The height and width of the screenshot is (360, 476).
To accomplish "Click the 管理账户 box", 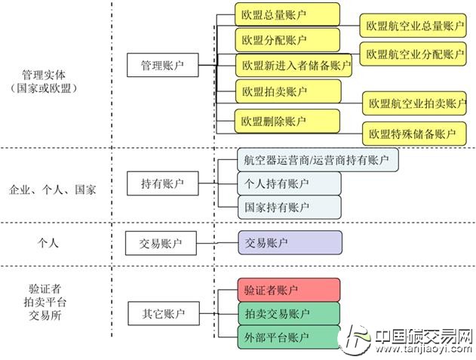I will [x=161, y=66].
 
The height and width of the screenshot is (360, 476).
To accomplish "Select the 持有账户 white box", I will [x=161, y=183].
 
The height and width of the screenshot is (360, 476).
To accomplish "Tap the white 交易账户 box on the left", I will [x=161, y=243].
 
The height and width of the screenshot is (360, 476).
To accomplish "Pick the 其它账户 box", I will [x=161, y=312].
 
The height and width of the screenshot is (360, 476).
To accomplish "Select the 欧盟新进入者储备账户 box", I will [x=295, y=66].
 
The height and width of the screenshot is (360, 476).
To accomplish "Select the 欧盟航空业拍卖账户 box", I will [x=416, y=103].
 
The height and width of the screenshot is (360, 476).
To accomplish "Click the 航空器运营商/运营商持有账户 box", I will [x=317, y=160].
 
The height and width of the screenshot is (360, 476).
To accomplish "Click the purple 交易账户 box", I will [x=288, y=242].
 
